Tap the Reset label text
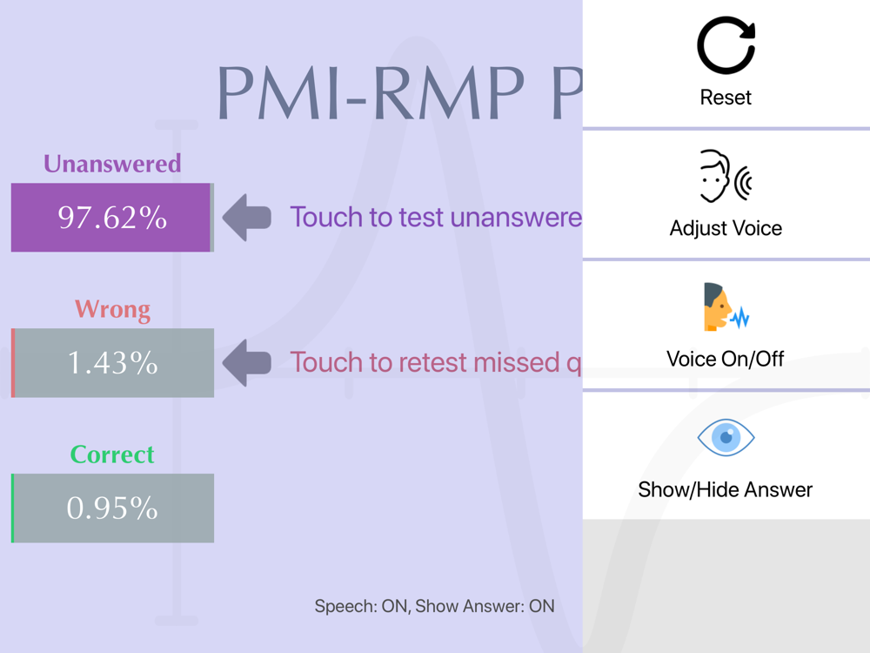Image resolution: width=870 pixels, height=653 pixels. coord(726,98)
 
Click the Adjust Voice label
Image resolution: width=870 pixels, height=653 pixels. coord(726,228)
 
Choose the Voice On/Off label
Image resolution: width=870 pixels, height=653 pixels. coord(726,360)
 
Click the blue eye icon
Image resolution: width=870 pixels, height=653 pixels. coord(726,438)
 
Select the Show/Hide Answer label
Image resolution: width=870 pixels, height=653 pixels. coord(726,489)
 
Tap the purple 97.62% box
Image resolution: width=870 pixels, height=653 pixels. coord(112,217)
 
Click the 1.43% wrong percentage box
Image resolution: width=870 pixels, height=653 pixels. coord(112,362)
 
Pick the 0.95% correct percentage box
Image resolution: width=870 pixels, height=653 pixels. coord(112,508)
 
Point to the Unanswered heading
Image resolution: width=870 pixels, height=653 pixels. coord(112,164)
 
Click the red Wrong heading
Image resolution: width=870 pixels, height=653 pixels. coord(112,309)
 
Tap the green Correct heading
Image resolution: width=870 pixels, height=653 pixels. coord(112,454)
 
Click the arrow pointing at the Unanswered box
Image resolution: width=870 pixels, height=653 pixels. coord(247,217)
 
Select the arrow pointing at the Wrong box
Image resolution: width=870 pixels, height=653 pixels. coord(247,363)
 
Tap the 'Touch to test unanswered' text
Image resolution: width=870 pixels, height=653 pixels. coord(436,217)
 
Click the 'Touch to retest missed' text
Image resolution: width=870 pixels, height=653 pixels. coord(436,362)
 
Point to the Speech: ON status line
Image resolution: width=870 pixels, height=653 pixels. coord(434,606)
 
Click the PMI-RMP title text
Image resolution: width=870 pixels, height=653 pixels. coord(399,92)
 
